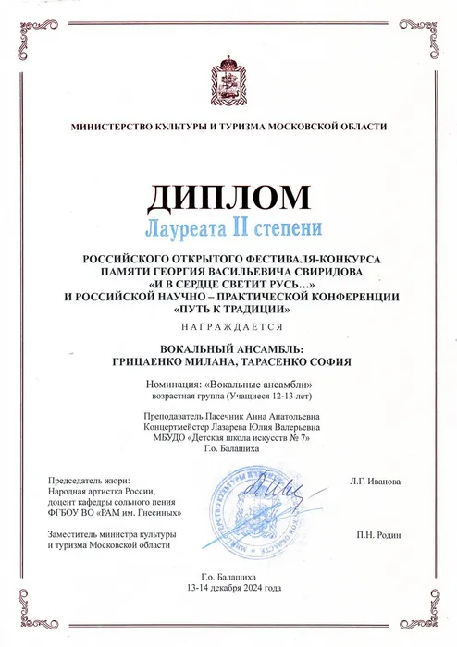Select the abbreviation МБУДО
point(162,438)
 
